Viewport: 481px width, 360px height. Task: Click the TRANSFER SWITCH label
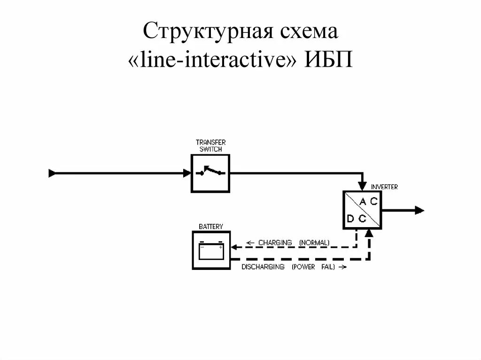pos(210,146)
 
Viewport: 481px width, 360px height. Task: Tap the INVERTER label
pos(384,187)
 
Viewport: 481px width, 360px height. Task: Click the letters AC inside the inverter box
pos(368,202)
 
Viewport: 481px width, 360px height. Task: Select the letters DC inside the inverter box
pos(356,219)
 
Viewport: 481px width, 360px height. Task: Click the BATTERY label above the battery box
pos(210,226)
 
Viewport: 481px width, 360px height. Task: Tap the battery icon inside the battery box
pos(211,251)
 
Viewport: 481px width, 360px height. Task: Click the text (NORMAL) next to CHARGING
pos(314,243)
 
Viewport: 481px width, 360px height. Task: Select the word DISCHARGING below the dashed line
pos(263,267)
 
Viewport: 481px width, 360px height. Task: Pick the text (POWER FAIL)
pos(313,267)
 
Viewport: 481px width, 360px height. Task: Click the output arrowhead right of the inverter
pos(419,210)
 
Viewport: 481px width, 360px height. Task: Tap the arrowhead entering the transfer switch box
pos(187,173)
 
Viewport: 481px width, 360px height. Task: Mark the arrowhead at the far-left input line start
pos(52,173)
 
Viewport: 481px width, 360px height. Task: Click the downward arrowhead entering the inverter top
pos(362,187)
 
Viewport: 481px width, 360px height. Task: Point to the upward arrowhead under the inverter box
pos(370,233)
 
